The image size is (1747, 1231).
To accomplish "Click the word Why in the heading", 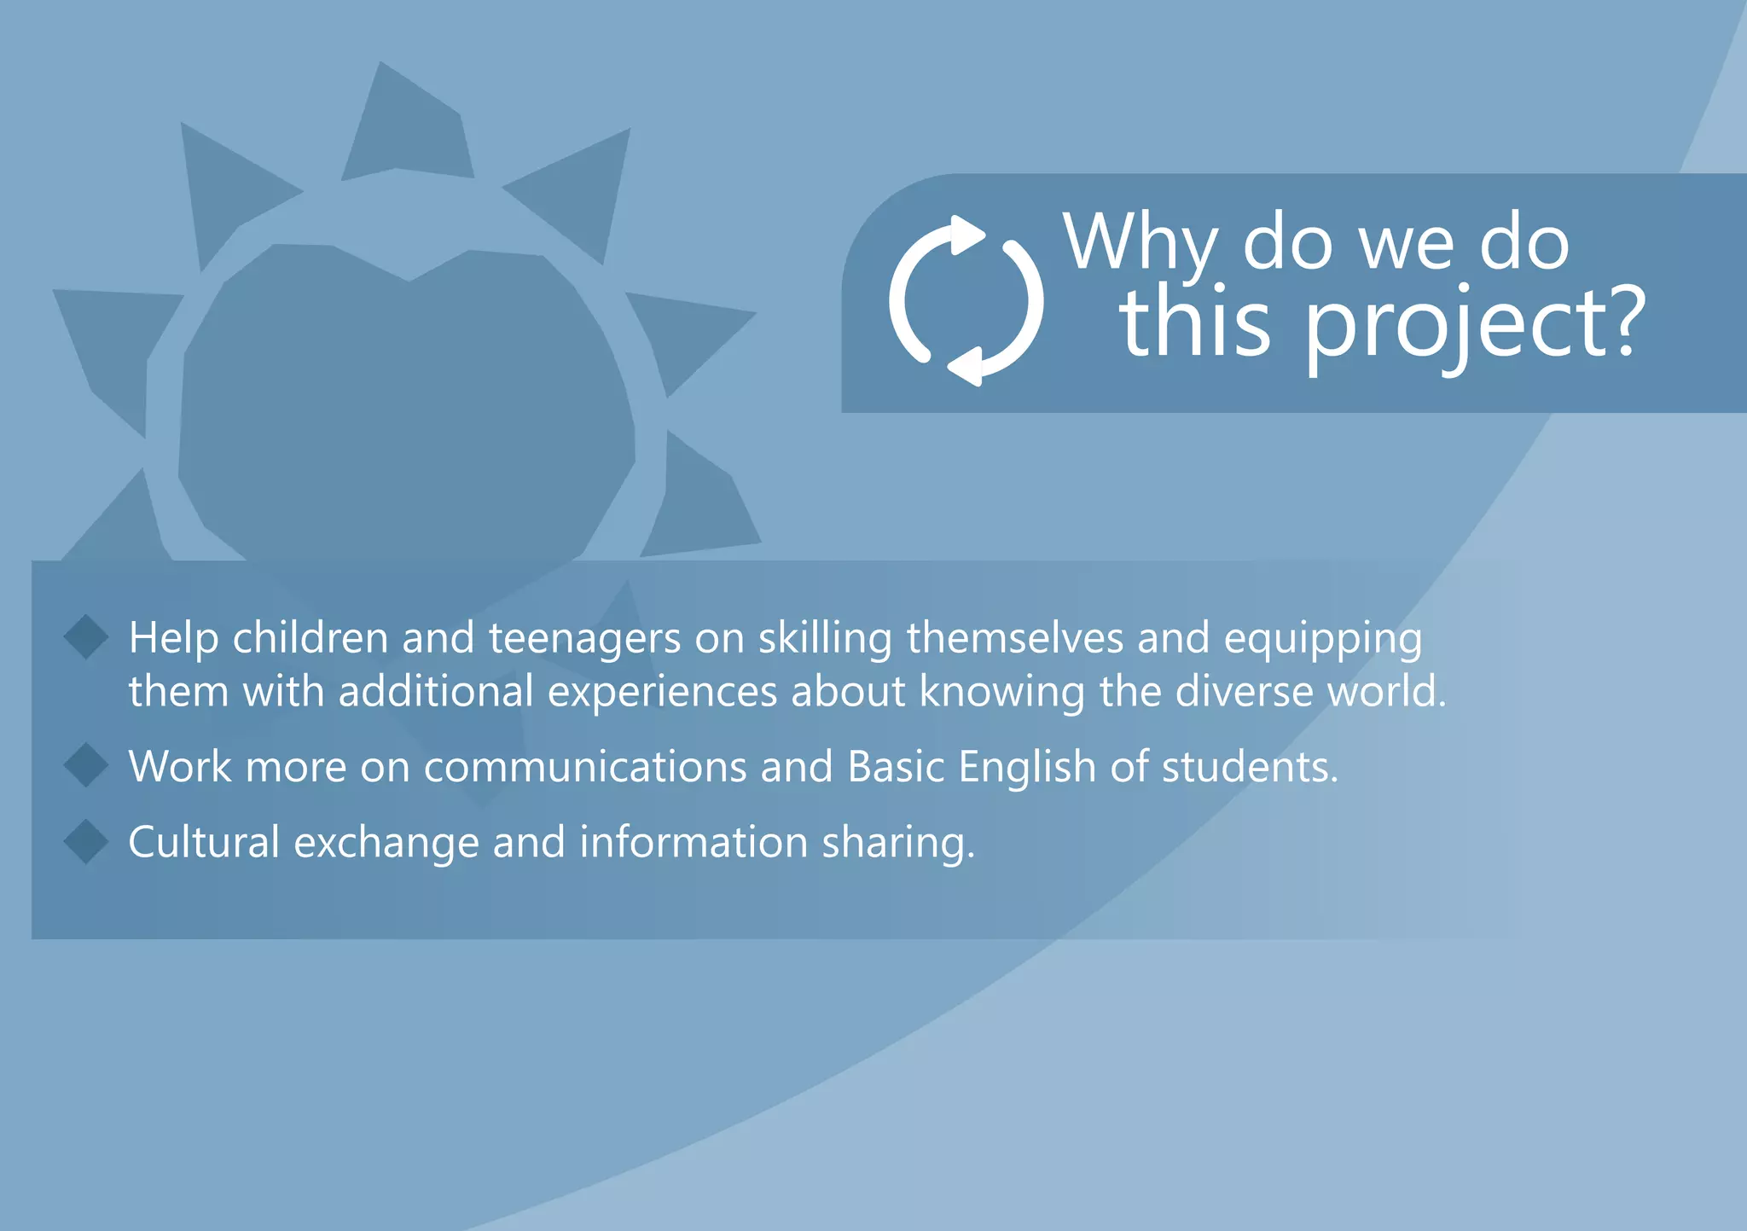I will coord(1141,243).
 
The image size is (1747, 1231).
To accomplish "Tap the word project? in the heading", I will coord(1474,325).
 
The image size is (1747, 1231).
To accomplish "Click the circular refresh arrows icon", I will coord(966,300).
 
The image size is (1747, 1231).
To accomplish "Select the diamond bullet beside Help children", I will coord(86,637).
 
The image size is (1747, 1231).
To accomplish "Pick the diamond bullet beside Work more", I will coord(86,765).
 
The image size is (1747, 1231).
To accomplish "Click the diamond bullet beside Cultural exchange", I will coord(86,842).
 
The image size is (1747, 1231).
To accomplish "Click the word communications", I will coord(585,767).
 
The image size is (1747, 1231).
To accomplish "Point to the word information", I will coord(694,843).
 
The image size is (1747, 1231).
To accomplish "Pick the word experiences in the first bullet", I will coord(662,693).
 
